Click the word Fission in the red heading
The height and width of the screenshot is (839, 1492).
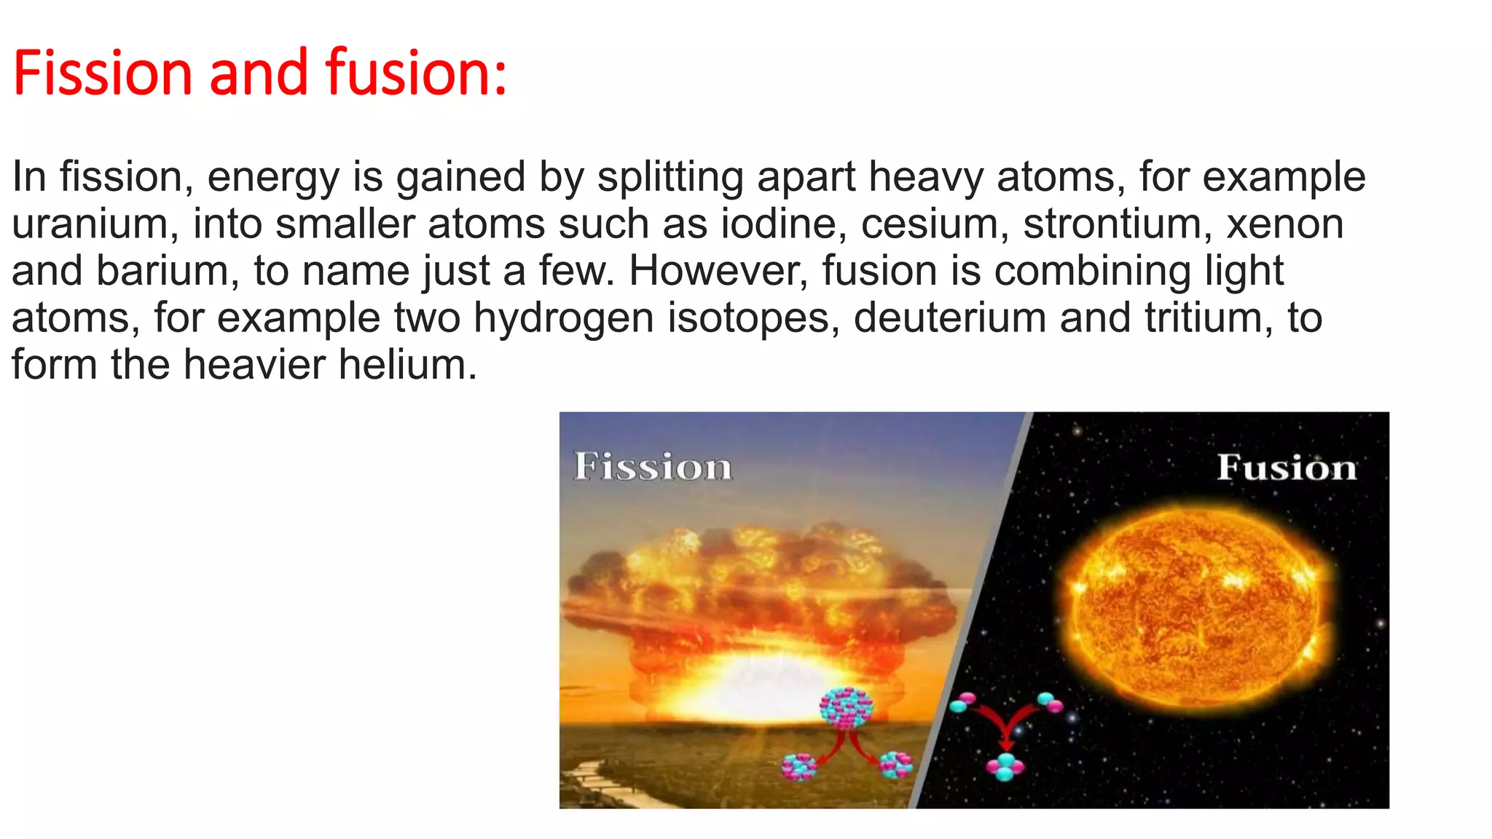click(x=103, y=73)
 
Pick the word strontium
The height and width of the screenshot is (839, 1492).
click(x=1118, y=224)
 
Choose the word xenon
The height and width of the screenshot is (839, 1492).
click(x=1286, y=224)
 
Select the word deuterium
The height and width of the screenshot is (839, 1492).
click(x=950, y=318)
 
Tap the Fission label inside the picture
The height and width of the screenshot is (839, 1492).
click(x=653, y=467)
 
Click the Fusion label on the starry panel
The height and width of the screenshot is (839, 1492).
click(x=1287, y=468)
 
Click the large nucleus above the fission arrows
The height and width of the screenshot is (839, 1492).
click(x=846, y=707)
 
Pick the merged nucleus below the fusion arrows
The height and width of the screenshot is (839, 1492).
click(x=1005, y=766)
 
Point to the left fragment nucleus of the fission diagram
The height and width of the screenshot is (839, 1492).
click(x=798, y=766)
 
